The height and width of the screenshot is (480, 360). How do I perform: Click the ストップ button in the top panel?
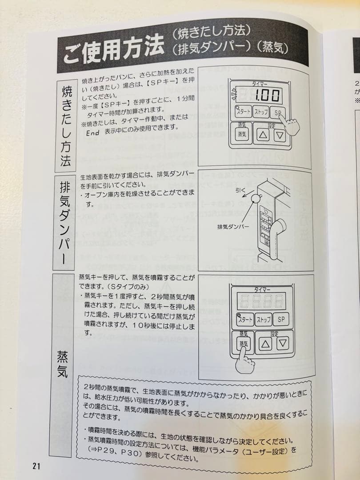tap(261, 112)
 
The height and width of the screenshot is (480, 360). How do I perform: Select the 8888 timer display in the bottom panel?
tap(262, 301)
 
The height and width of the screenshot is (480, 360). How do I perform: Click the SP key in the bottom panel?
tap(281, 319)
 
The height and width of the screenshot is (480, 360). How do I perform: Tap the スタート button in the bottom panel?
tap(245, 320)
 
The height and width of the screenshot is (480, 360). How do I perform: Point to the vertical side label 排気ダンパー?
tap(64, 222)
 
